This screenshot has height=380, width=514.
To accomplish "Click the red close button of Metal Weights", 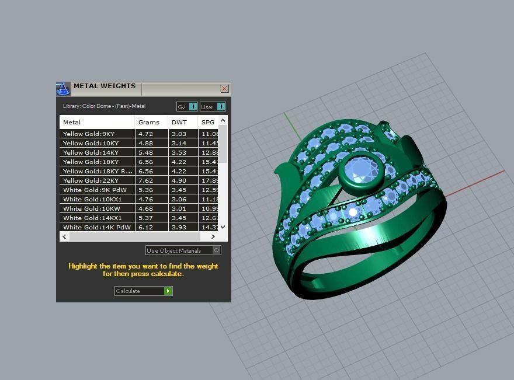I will (x=224, y=89).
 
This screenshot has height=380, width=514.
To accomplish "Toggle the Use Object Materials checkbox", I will (x=216, y=250).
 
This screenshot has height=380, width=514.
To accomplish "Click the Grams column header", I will (x=148, y=122).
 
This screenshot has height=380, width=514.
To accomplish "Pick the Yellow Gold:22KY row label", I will (x=91, y=180).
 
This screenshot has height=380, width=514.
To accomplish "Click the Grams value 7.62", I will (x=145, y=180).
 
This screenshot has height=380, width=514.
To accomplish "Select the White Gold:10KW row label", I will (x=92, y=208).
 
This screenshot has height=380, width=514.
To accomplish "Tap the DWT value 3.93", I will (x=178, y=227).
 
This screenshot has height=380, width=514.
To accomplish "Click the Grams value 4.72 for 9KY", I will (x=145, y=134).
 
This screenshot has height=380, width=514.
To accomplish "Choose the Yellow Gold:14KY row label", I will (x=91, y=152).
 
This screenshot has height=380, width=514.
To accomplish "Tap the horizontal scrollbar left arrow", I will (x=64, y=237).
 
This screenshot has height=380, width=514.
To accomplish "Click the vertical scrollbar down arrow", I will (x=223, y=227).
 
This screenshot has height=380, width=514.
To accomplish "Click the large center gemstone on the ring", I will (x=360, y=170).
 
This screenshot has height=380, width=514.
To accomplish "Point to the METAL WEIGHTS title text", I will (x=104, y=86).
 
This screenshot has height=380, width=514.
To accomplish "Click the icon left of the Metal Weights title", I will (x=63, y=89).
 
